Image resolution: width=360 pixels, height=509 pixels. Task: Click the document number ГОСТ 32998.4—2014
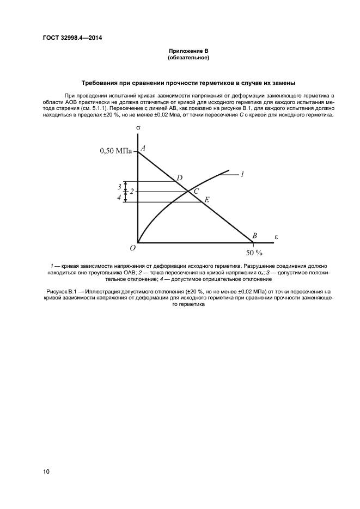[x=72, y=38]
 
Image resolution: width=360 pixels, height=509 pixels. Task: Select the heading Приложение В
[x=188, y=51]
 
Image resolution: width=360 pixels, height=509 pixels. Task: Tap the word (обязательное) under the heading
[x=188, y=57]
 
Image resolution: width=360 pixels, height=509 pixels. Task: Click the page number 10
[x=46, y=471]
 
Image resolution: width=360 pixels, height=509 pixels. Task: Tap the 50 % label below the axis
[x=254, y=253]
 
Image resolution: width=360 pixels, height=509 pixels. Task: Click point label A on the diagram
[x=143, y=148]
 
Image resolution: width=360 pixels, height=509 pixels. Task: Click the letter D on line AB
[x=179, y=177]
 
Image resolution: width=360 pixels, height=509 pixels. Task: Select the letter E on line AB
[x=207, y=200]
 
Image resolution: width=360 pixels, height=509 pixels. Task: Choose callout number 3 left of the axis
[x=119, y=187]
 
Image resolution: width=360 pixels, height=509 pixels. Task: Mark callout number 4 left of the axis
[x=119, y=198]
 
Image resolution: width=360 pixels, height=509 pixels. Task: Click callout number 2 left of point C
[x=131, y=192]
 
